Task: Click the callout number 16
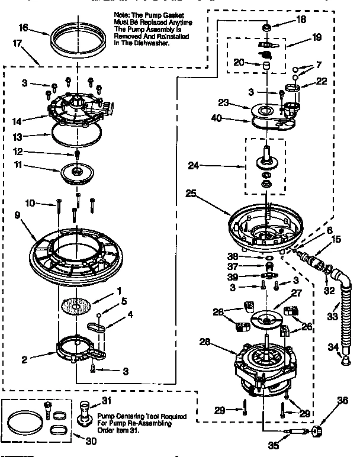(23, 28)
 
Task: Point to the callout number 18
(301, 20)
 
